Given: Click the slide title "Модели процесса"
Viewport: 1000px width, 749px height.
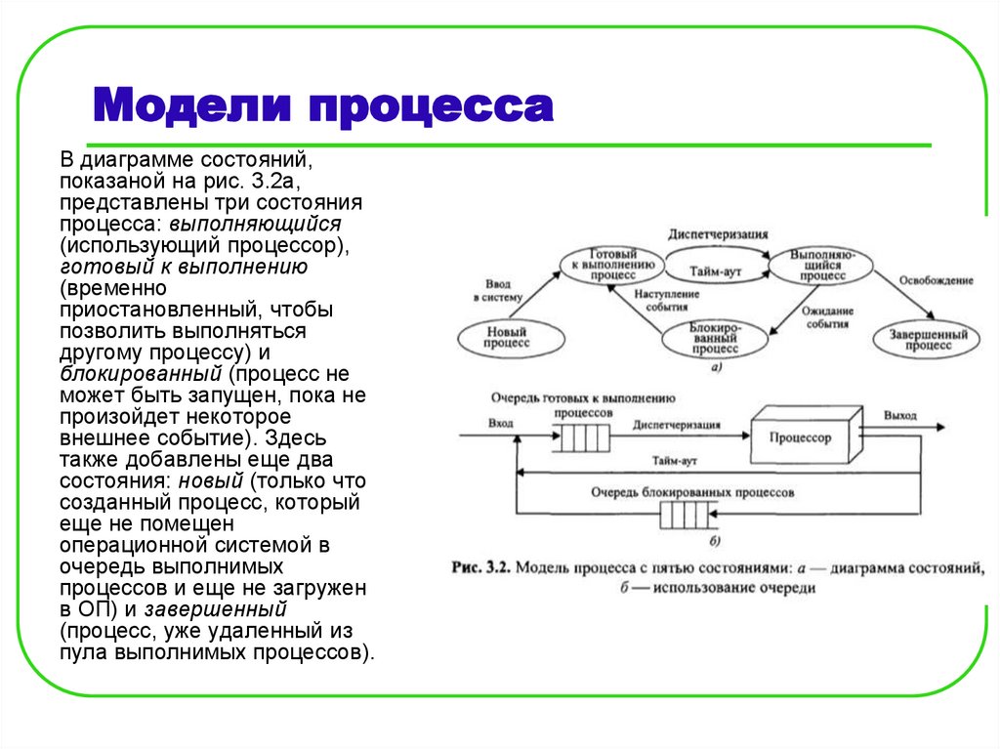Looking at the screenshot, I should pyautogui.click(x=323, y=105).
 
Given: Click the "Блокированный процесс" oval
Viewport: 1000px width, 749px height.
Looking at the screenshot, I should pyautogui.click(x=713, y=338).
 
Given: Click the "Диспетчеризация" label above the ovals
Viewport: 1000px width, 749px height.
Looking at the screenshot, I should pyautogui.click(x=718, y=235).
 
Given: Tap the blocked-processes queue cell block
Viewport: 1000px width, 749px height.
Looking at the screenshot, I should pyautogui.click(x=685, y=515).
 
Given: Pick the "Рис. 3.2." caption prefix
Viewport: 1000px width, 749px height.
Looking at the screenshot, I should pyautogui.click(x=481, y=567).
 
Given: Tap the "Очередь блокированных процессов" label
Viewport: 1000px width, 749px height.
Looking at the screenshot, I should pyautogui.click(x=691, y=493).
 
